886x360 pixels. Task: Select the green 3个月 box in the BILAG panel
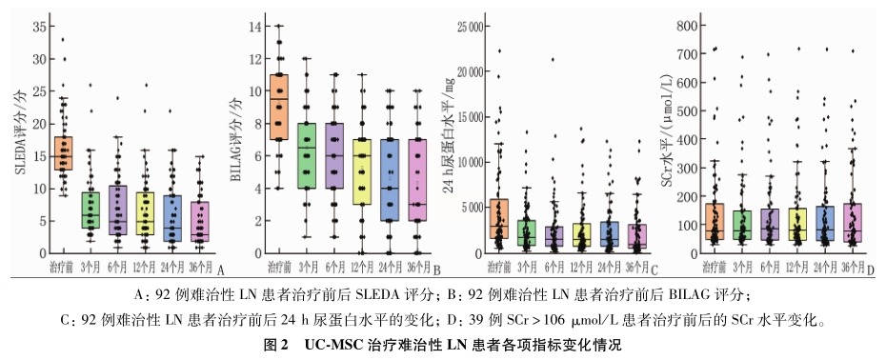pyautogui.click(x=306, y=155)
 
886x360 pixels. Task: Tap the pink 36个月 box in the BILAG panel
pyautogui.click(x=416, y=180)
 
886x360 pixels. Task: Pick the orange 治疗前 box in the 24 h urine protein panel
pyautogui.click(x=498, y=219)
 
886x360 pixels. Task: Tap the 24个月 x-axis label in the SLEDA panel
pyautogui.click(x=172, y=266)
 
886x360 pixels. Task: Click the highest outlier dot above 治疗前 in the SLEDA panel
pyautogui.click(x=63, y=39)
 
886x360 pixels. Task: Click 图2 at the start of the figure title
pyautogui.click(x=276, y=345)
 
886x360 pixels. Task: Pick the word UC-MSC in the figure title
pyautogui.click(x=333, y=345)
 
